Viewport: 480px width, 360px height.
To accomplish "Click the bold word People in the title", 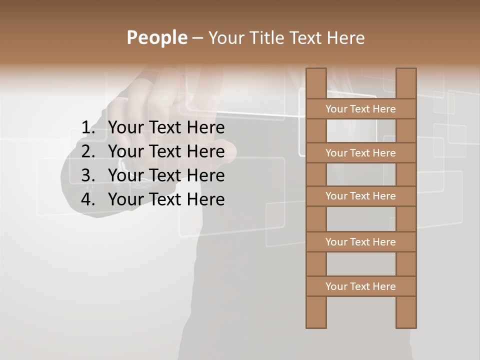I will tap(156, 37).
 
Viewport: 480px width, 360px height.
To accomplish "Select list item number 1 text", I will tap(166, 127).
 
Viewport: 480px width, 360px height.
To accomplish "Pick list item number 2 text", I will tap(166, 151).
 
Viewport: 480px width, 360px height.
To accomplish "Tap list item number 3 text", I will tap(166, 175).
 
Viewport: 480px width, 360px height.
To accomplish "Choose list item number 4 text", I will tap(166, 199).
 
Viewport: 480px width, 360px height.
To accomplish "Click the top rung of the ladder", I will tap(361, 109).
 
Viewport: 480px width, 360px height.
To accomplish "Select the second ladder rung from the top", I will tap(361, 153).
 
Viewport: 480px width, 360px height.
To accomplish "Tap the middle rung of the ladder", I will tap(361, 196).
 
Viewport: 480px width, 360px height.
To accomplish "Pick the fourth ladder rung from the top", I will tap(361, 242).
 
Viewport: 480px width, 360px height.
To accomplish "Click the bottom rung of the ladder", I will tap(361, 286).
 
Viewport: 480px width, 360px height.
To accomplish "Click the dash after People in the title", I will tap(197, 38).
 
